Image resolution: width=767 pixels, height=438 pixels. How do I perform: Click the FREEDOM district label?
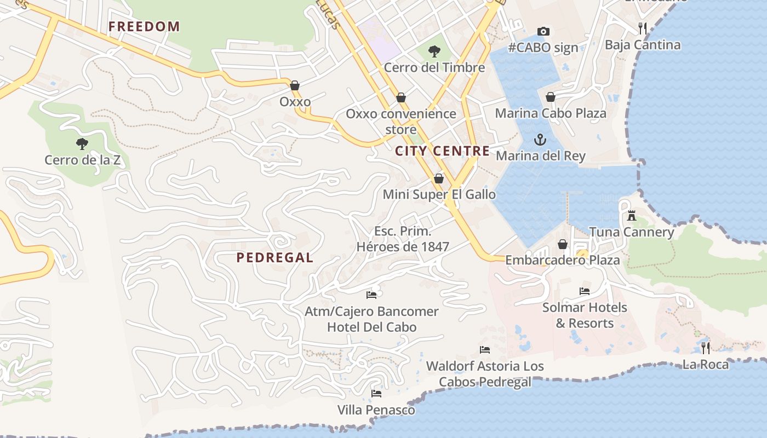(x=144, y=26)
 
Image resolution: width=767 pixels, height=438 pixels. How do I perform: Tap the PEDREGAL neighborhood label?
(x=275, y=257)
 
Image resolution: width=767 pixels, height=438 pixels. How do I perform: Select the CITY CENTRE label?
(x=443, y=151)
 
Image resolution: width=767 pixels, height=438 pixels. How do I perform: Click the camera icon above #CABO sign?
(x=543, y=31)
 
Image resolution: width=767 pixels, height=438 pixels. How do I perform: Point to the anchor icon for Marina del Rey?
(x=540, y=140)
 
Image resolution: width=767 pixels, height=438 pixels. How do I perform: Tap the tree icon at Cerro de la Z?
(x=82, y=144)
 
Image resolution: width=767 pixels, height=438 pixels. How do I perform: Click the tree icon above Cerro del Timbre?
(x=434, y=51)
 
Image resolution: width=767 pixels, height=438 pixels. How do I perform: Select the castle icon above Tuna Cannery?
(x=632, y=216)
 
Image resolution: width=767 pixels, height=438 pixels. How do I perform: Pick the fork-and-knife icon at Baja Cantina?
(x=643, y=28)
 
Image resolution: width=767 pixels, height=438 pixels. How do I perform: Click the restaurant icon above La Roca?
(x=706, y=348)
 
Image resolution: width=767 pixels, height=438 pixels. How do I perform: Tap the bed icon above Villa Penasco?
(x=376, y=393)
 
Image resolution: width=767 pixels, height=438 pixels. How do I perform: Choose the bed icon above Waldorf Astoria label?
(x=484, y=349)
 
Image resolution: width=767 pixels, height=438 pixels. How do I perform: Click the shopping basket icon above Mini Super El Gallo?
(x=438, y=178)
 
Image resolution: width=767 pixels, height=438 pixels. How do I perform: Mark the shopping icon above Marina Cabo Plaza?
(x=551, y=97)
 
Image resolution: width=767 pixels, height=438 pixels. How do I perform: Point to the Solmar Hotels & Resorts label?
(x=585, y=315)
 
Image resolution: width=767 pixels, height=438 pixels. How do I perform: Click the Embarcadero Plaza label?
(x=563, y=260)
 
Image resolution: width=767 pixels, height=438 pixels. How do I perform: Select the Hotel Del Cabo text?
(x=372, y=327)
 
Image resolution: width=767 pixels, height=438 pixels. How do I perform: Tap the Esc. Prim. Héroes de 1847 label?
(x=403, y=239)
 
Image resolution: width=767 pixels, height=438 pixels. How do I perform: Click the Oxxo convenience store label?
(x=401, y=122)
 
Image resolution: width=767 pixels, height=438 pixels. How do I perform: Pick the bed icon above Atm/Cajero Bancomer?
(x=371, y=295)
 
